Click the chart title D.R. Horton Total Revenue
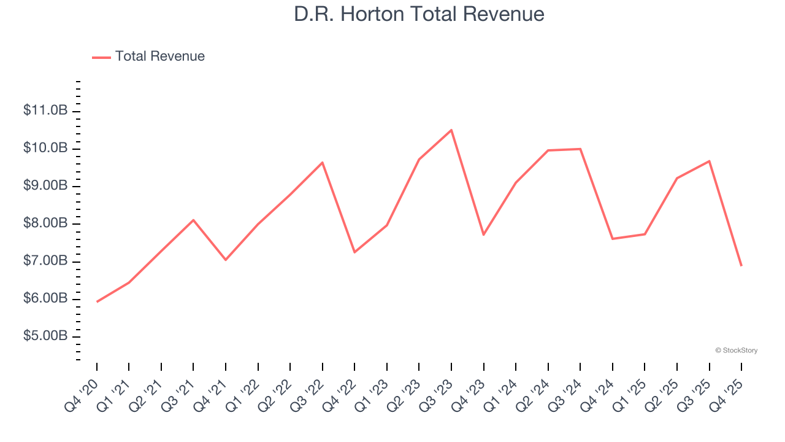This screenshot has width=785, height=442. coord(419,14)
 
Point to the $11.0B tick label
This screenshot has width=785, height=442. coord(45,111)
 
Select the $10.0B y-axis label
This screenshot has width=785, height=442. coord(45,149)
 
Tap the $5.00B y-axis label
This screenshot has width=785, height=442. coord(45,336)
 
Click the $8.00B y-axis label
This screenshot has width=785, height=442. coord(45,223)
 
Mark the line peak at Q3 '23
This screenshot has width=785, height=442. coord(451,130)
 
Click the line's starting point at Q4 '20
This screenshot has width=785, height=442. coord(97,301)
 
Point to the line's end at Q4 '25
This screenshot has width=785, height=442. coord(741,265)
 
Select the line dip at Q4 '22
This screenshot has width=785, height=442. coord(354,252)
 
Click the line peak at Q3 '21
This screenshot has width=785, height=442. coord(193,220)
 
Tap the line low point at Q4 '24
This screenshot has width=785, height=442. coord(613,238)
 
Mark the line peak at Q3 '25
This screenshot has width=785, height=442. coord(709,161)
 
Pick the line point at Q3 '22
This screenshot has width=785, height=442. coord(323,163)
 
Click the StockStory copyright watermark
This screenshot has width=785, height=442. coord(736,351)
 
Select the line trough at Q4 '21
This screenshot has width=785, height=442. coord(226,260)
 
